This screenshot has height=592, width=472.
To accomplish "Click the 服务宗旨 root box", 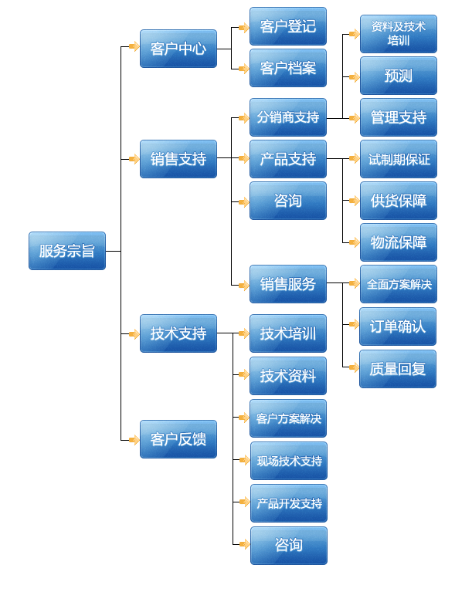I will [67, 251].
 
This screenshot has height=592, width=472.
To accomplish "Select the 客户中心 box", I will [178, 49].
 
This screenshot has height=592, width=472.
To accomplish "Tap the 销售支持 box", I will [178, 159].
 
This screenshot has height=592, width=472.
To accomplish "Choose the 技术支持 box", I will [178, 333].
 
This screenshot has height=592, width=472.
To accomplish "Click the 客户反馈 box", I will [178, 439].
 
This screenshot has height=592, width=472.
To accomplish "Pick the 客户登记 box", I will [288, 27].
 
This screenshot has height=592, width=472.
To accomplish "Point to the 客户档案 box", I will [288, 69].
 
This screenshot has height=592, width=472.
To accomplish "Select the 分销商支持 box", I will [288, 117].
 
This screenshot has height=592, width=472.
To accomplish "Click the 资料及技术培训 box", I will [398, 34].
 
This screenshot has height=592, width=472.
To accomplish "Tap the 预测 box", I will [398, 76].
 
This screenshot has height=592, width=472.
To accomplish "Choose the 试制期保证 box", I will [398, 160].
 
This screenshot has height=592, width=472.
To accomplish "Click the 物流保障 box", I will [398, 242].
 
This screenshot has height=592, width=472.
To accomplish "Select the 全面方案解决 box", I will [398, 284].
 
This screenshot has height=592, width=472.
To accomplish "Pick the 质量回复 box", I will [398, 368].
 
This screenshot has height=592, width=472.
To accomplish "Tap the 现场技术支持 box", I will [288, 461].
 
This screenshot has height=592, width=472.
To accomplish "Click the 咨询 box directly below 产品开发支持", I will [288, 545].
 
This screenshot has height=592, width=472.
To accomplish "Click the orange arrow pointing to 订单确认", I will [354, 326].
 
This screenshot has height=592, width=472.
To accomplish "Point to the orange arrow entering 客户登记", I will [243, 28].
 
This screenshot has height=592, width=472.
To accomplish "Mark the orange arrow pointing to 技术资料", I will [243, 376].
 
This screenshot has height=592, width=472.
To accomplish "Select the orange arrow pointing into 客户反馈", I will [134, 439].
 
